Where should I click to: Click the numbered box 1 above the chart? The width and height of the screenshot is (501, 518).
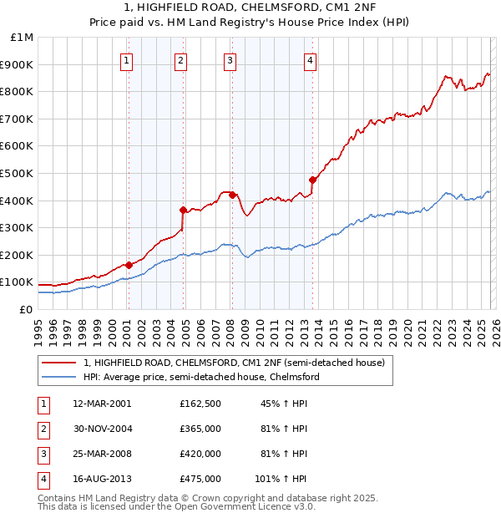tap(126, 60)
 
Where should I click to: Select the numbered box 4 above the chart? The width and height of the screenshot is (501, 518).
tap(310, 60)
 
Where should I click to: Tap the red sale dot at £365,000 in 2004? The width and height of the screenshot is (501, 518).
tap(183, 210)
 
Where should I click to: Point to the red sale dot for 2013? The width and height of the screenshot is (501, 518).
tap(312, 180)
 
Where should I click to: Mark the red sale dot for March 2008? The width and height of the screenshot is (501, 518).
tap(232, 195)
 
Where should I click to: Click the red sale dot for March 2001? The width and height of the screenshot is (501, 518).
tap(129, 265)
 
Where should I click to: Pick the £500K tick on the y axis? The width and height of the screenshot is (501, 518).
tap(18, 173)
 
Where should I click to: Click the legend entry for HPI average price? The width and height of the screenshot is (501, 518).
tap(201, 377)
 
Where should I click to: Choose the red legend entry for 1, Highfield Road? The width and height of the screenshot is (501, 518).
tap(234, 363)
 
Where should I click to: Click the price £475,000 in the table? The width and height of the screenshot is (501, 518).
tap(200, 479)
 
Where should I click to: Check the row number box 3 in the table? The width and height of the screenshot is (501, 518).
tap(42, 454)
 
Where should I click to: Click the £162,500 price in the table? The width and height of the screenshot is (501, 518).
tap(200, 404)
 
